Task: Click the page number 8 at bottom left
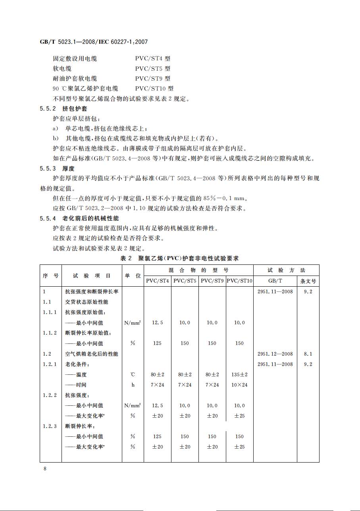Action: click(45, 469)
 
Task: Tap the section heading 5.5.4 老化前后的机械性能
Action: click(79, 218)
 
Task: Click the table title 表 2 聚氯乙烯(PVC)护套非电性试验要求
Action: click(179, 258)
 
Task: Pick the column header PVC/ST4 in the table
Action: click(157, 281)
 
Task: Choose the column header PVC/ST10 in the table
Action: click(239, 281)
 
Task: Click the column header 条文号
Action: click(308, 281)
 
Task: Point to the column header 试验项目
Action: click(92, 275)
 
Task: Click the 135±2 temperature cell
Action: click(239, 374)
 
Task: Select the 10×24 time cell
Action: click(239, 385)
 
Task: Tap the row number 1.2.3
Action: click(50, 426)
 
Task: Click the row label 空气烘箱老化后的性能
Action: click(89, 354)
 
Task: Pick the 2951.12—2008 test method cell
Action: click(275, 354)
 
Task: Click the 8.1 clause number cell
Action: click(308, 354)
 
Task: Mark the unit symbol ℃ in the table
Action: click(133, 374)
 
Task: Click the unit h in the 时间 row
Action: click(133, 385)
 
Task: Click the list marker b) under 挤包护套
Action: click(56, 139)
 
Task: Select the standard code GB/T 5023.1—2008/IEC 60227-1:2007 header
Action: click(94, 42)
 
